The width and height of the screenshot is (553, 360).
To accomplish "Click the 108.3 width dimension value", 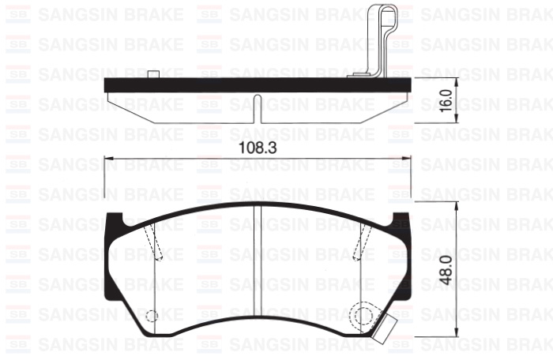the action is tap(258, 148).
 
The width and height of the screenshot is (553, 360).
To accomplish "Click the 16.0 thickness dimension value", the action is tap(446, 100).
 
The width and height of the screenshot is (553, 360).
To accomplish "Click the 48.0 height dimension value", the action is tap(446, 271).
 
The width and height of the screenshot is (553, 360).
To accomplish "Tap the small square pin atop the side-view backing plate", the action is tap(153, 74).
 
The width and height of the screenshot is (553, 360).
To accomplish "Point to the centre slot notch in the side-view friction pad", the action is tap(258, 109).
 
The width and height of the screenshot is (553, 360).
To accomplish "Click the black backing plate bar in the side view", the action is tap(258, 85).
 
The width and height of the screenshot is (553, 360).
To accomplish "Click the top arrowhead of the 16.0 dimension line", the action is tap(457, 82).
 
